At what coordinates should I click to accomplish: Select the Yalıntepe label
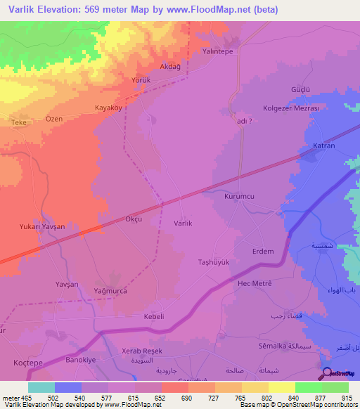tap(218, 51)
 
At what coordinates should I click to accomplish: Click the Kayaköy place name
tap(109, 108)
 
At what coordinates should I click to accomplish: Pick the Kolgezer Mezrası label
tap(291, 109)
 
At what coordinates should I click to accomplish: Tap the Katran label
tap(323, 147)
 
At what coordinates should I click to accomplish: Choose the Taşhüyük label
tap(214, 262)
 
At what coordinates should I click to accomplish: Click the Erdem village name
tap(263, 251)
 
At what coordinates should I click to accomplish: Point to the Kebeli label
tap(153, 317)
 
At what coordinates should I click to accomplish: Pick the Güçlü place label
tap(301, 90)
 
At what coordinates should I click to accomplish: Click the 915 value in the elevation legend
tap(347, 397)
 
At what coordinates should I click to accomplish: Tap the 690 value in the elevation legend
tap(187, 397)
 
